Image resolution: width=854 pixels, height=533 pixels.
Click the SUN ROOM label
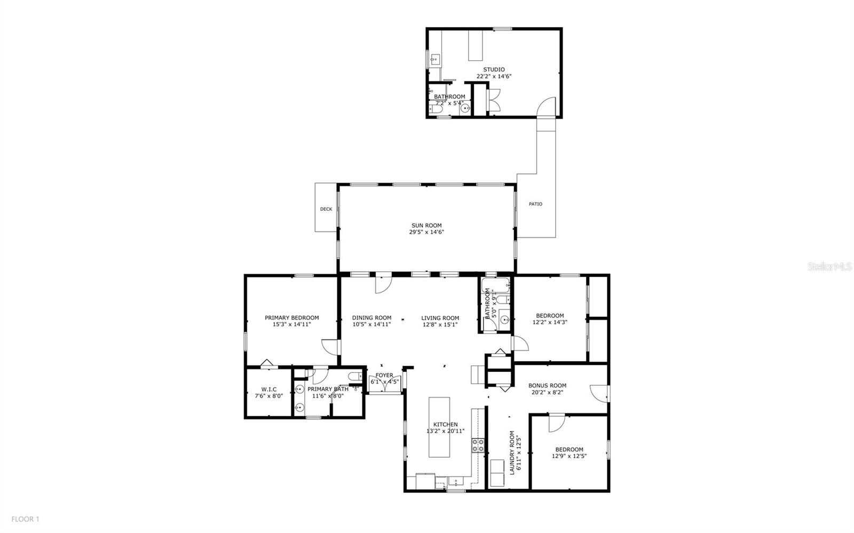pyautogui.click(x=426, y=225)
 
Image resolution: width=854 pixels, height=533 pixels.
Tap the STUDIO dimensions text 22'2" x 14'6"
pyautogui.click(x=494, y=76)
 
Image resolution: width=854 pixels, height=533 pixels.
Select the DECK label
pyautogui.click(x=326, y=209)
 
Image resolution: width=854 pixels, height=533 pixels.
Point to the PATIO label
pyautogui.click(x=535, y=204)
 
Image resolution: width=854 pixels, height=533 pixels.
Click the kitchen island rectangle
pyautogui.click(x=439, y=426)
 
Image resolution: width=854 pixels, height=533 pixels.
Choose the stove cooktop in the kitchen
pyautogui.click(x=478, y=446)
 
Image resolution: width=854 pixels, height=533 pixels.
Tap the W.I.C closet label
pyautogui.click(x=268, y=389)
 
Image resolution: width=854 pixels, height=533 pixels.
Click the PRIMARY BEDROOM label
pyautogui.click(x=291, y=318)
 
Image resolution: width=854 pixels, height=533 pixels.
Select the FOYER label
pyautogui.click(x=384, y=375)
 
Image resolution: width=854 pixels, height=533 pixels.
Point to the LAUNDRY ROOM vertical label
pyautogui.click(x=512, y=452)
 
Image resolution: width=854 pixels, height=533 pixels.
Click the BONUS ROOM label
pyautogui.click(x=547, y=385)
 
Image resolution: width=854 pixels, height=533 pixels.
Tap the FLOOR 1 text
pyautogui.click(x=25, y=519)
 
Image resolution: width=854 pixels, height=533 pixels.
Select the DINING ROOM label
pyautogui.click(x=371, y=318)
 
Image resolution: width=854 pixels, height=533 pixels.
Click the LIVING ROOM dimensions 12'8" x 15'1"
pyautogui.click(x=440, y=324)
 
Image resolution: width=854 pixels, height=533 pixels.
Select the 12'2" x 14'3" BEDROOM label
pyautogui.click(x=550, y=315)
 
